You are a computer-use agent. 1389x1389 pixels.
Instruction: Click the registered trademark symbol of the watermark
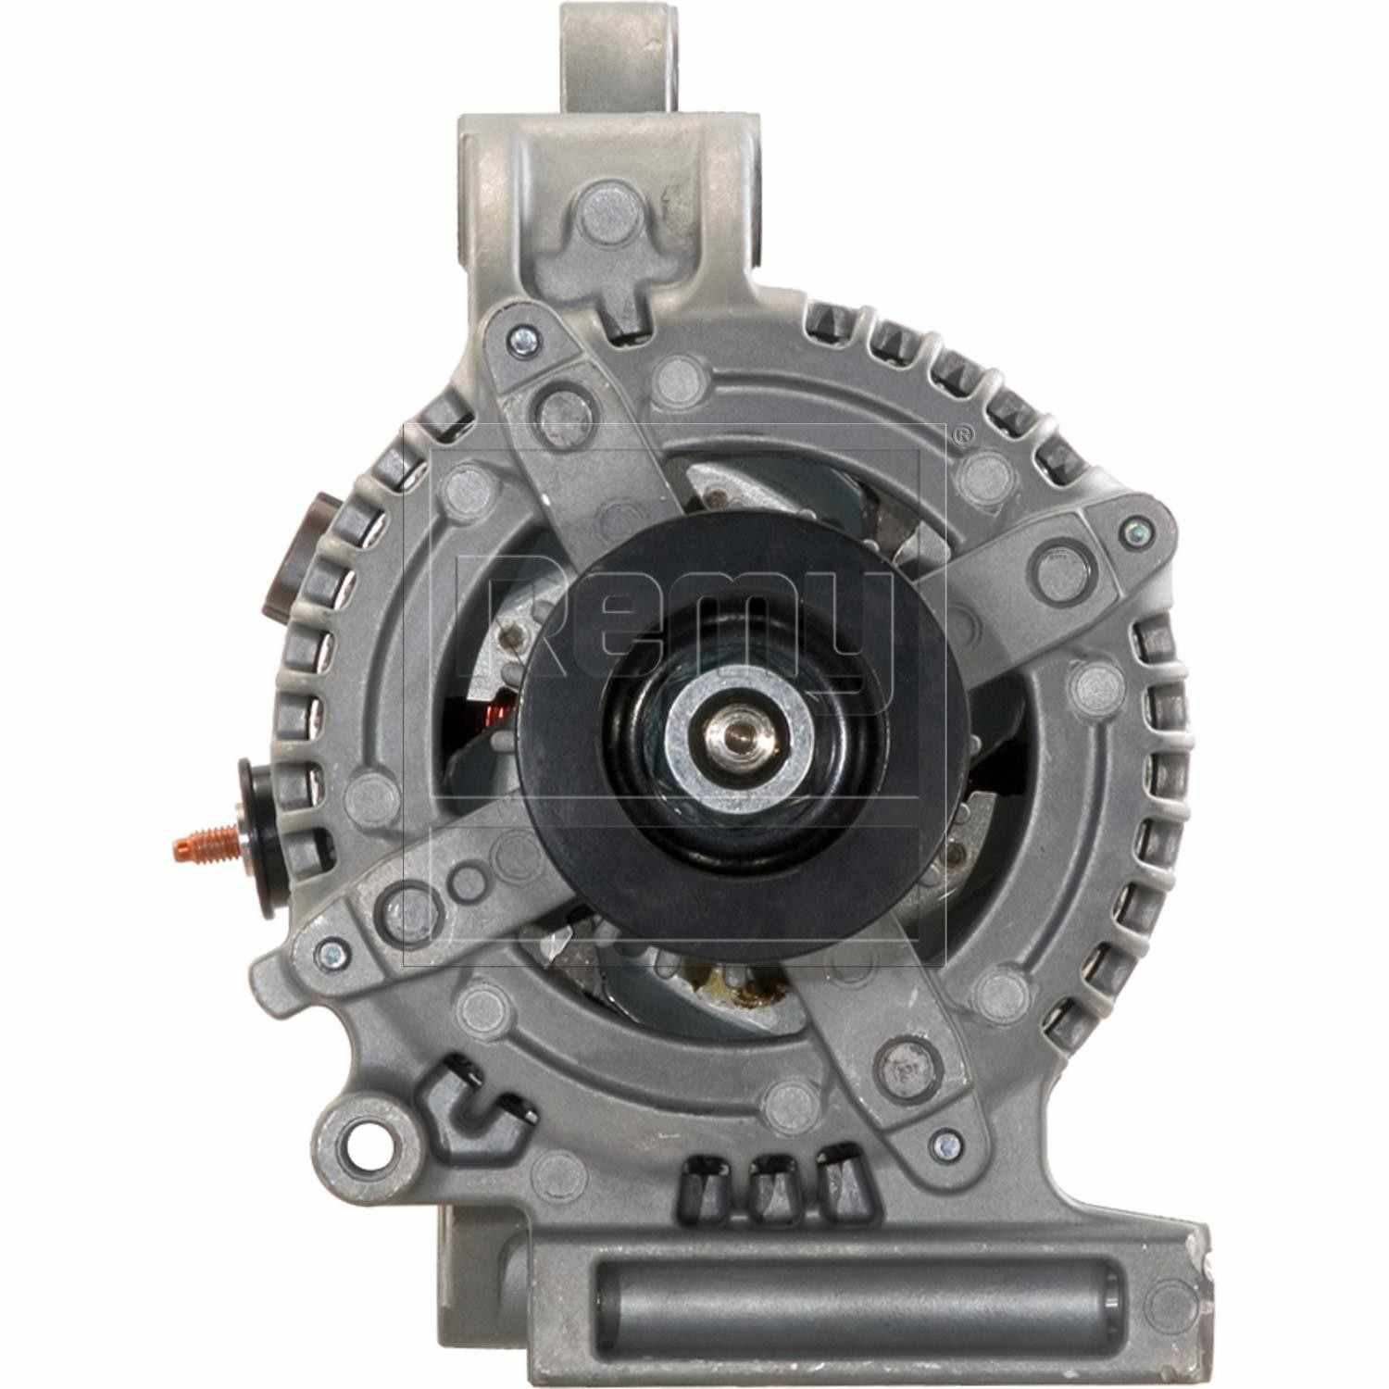(x=963, y=434)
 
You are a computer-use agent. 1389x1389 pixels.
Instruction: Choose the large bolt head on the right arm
(x=1056, y=567)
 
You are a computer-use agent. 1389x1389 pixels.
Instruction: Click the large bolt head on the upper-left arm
(x=561, y=404)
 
